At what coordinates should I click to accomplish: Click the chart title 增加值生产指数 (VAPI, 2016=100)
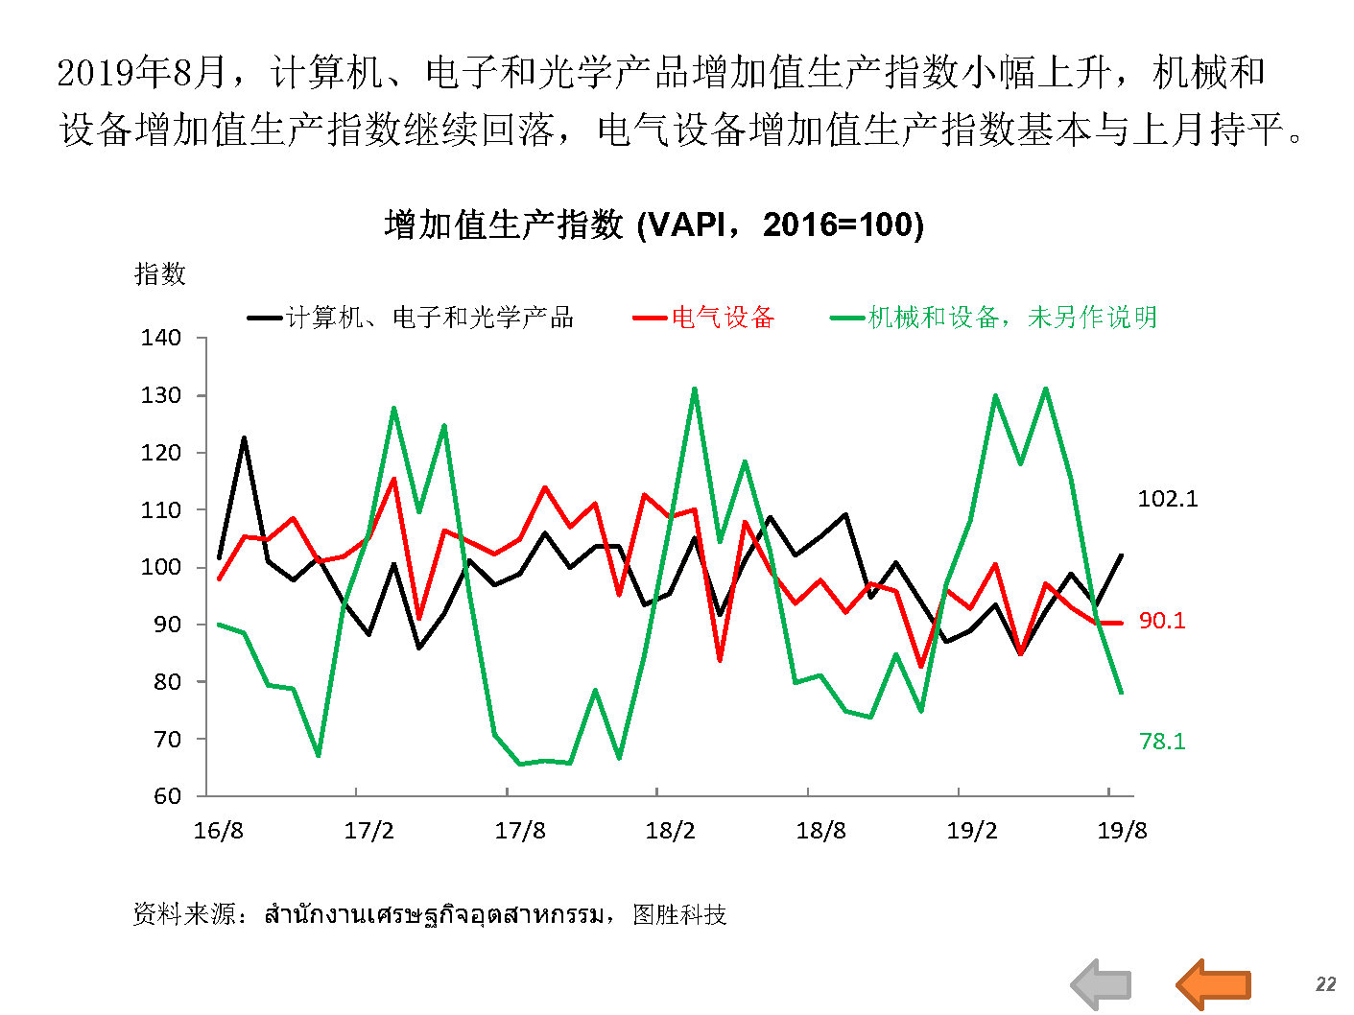(653, 224)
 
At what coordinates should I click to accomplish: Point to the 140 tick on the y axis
(161, 338)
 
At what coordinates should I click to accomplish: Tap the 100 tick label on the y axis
(161, 567)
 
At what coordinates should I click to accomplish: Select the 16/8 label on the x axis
(219, 831)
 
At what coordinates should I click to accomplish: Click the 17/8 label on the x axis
(520, 831)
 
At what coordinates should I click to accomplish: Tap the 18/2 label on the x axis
(670, 831)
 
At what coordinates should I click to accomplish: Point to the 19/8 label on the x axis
(1122, 831)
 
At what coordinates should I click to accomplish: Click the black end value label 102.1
(1168, 499)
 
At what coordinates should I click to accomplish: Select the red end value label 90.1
(1162, 621)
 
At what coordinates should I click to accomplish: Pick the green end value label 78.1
(1162, 742)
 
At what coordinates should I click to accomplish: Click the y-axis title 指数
(160, 274)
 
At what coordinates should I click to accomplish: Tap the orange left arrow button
(1213, 983)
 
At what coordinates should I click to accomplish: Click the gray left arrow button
(1102, 983)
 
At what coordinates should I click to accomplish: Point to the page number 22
(1325, 984)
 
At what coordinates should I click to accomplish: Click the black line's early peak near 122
(244, 438)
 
